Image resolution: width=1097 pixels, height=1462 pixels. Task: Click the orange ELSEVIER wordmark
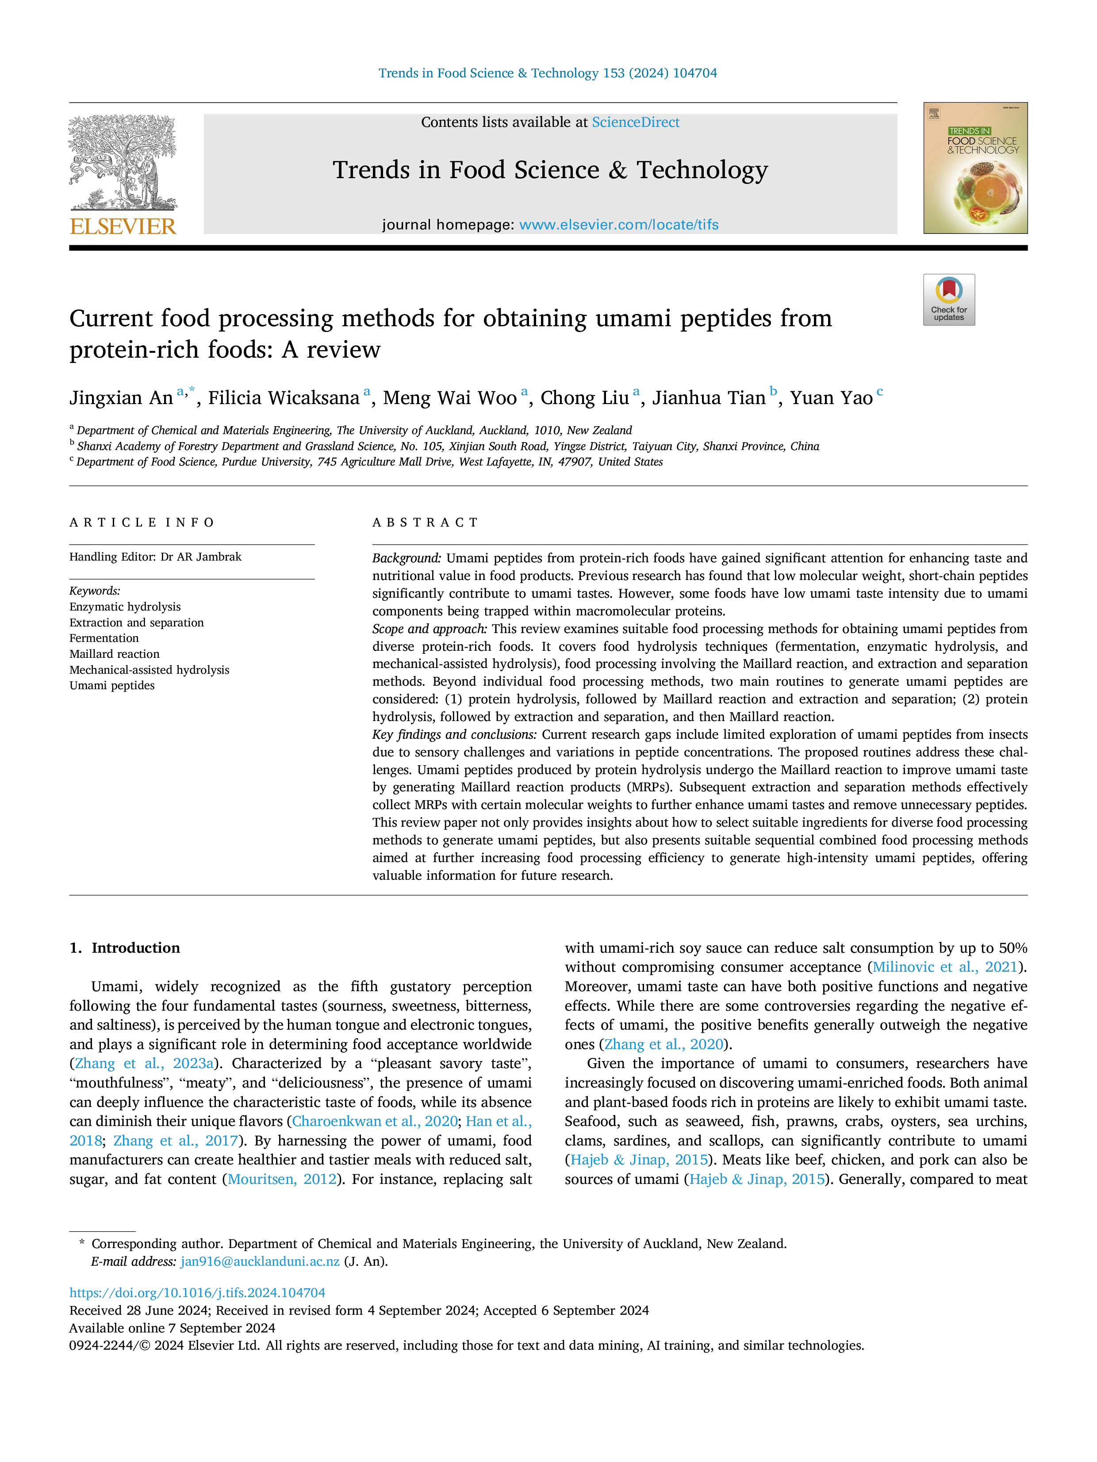pos(123,227)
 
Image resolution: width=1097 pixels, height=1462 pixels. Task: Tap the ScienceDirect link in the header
pos(636,122)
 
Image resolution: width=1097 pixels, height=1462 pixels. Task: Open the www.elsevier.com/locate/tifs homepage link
pos(619,225)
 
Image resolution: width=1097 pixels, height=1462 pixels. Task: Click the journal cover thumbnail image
pos(975,168)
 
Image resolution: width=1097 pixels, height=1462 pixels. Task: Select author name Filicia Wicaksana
pos(284,398)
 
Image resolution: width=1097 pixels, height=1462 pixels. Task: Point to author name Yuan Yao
pos(831,398)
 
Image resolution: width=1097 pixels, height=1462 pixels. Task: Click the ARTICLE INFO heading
pos(142,523)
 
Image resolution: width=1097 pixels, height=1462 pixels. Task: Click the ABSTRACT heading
pos(425,523)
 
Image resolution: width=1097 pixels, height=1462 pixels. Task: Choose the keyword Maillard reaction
pos(115,654)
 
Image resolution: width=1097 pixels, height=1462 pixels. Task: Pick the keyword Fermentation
pos(104,638)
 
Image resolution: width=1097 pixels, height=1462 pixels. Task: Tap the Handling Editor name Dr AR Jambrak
pos(201,557)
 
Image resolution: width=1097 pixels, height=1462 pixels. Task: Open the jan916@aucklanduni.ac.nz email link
pos(260,1261)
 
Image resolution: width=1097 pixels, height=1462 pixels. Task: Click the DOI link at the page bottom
pos(197,1293)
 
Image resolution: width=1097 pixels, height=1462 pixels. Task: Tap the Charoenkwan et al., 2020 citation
pos(375,1122)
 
